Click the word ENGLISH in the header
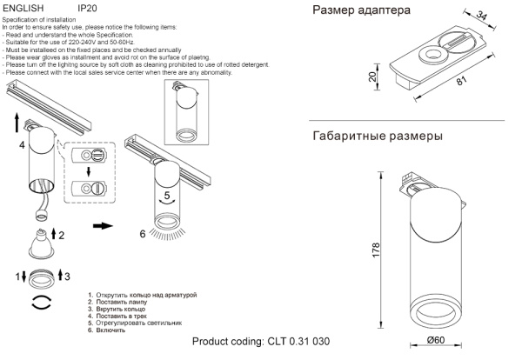pos(23,7)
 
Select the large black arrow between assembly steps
pos(102,226)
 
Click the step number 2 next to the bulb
pos(61,235)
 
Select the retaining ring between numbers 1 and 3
pos(40,277)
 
